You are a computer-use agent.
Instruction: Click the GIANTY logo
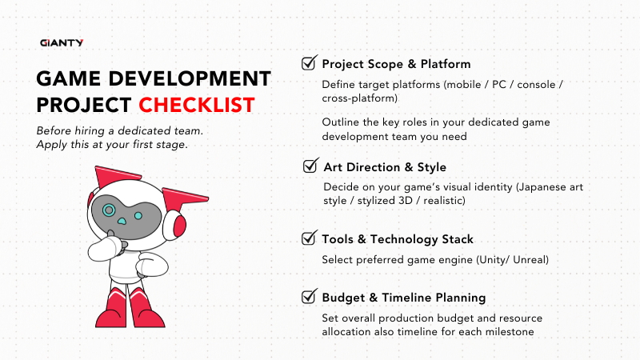(62, 42)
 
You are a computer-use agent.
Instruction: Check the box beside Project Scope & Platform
(308, 63)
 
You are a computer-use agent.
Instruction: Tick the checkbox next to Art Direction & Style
(310, 166)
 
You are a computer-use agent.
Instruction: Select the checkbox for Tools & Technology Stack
(308, 238)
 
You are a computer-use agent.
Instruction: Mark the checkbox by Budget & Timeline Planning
(308, 297)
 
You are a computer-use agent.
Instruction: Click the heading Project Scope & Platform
(396, 64)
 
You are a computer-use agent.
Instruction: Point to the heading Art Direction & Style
(385, 167)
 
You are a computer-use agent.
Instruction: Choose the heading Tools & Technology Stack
(397, 239)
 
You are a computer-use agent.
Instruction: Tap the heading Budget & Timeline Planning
(403, 298)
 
